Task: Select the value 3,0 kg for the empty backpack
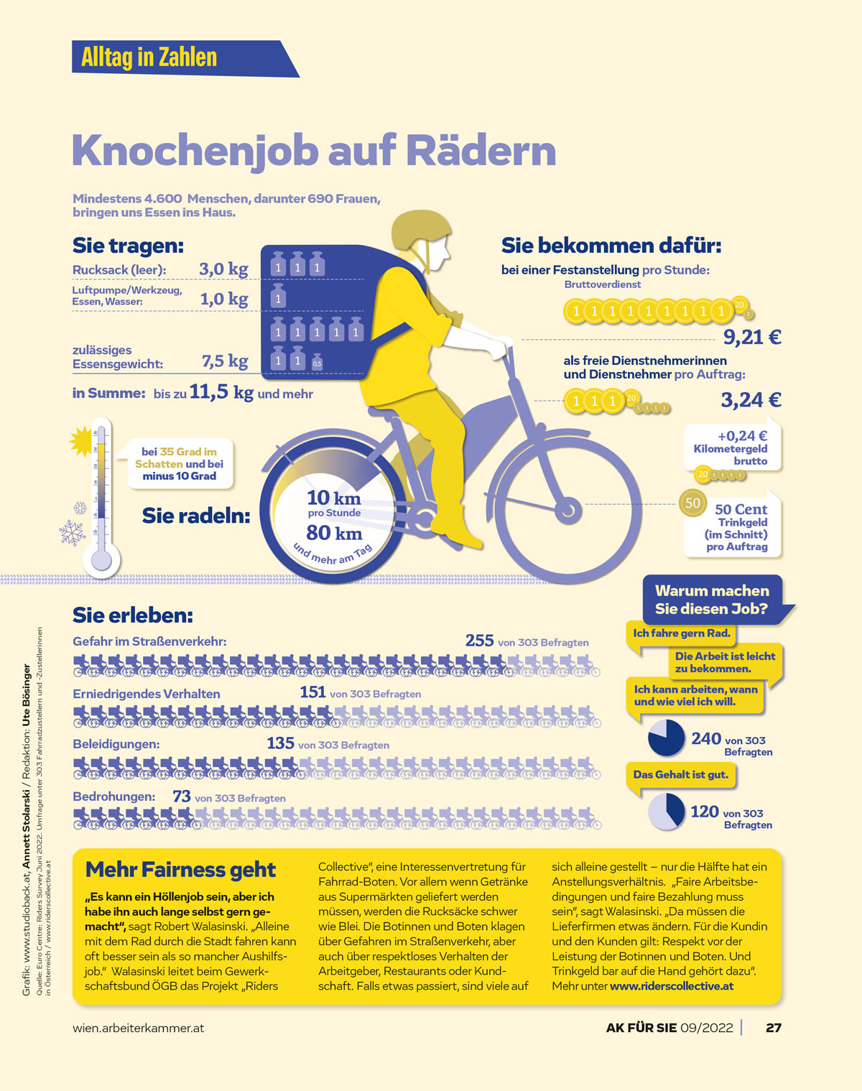(x=223, y=269)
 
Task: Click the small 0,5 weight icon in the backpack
(x=317, y=363)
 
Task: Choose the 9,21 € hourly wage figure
(x=751, y=337)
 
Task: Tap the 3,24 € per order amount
(x=751, y=400)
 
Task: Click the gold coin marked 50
(x=692, y=503)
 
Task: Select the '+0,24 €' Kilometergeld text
(x=742, y=436)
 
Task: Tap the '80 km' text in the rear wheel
(x=334, y=533)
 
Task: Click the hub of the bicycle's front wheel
(x=569, y=511)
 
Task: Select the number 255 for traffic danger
(x=479, y=640)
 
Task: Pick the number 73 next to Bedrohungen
(x=181, y=797)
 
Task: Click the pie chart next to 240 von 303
(x=666, y=738)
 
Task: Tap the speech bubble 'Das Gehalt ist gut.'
(x=680, y=775)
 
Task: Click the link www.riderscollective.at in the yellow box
(x=671, y=986)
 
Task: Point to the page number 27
(x=773, y=1028)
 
